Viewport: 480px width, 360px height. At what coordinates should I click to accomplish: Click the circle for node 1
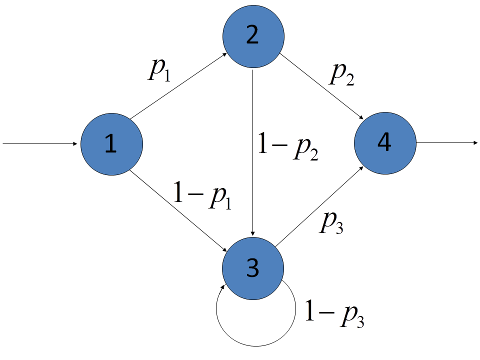tap(111, 144)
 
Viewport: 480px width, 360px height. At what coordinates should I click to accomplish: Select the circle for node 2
tap(253, 38)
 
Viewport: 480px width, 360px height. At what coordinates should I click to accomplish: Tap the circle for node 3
tap(253, 269)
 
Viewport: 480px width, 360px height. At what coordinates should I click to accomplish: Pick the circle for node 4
tap(385, 143)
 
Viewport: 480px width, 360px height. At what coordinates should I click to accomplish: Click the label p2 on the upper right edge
tap(342, 74)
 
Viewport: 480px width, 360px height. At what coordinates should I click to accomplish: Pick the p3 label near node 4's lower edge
tap(332, 224)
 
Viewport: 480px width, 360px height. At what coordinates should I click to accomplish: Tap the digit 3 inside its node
tap(253, 269)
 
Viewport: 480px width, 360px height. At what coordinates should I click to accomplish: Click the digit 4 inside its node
tap(385, 143)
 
